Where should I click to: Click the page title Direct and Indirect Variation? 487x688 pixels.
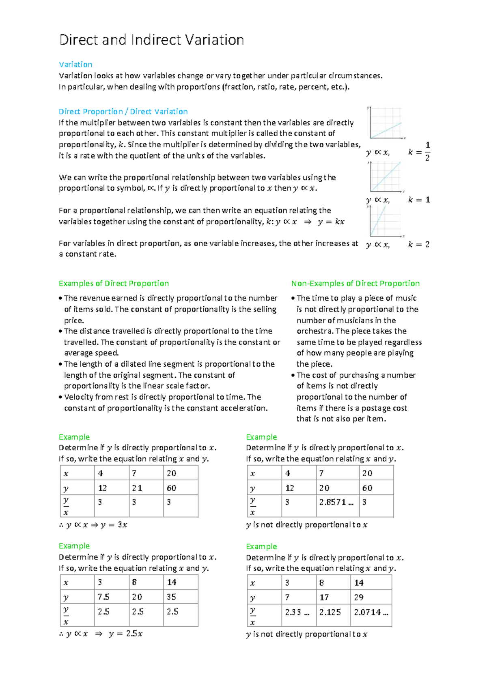pyautogui.click(x=151, y=40)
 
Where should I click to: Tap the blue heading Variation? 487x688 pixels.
pyautogui.click(x=75, y=64)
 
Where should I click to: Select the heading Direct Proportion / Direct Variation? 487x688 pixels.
pyautogui.click(x=123, y=112)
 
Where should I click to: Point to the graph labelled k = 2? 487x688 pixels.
pyautogui.click(x=386, y=221)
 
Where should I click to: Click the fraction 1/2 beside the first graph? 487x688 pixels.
pyautogui.click(x=427, y=151)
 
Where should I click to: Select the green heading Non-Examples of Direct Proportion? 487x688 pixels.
pyautogui.click(x=355, y=284)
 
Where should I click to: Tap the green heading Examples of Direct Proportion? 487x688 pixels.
pyautogui.click(x=114, y=284)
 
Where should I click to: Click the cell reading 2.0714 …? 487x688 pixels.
pyautogui.click(x=371, y=612)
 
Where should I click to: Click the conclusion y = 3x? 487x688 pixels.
pyautogui.click(x=114, y=525)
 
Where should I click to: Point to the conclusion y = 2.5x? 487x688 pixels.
pyautogui.click(x=125, y=634)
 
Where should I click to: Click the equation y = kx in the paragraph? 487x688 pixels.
pyautogui.click(x=331, y=222)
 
